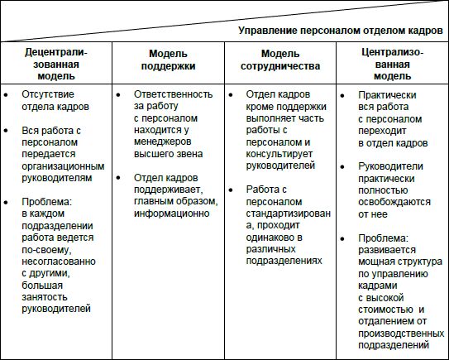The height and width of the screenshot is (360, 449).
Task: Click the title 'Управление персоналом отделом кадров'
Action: point(340,31)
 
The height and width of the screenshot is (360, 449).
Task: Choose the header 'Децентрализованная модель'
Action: point(55,64)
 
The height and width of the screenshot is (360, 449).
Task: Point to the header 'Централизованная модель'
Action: point(392,64)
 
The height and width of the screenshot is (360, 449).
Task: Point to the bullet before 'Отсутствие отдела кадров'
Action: point(7,94)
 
